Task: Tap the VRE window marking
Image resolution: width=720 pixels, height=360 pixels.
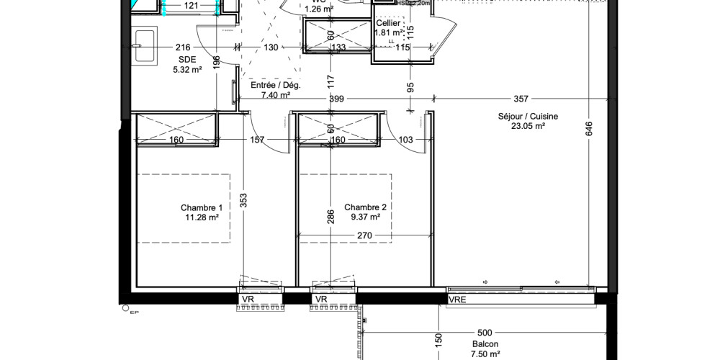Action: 456,300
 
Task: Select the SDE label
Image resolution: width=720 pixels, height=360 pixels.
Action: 186,60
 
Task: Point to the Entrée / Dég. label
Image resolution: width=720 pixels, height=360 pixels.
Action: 275,85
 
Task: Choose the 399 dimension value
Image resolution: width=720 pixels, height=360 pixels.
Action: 336,99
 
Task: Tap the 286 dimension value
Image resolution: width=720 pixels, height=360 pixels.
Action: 330,217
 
